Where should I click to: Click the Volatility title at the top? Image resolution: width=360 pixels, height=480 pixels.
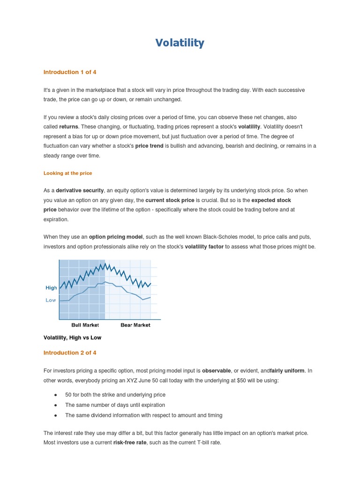[180, 43]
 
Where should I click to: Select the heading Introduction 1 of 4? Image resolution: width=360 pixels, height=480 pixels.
[70, 72]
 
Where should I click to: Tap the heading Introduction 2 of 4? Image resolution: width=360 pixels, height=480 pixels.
[70, 352]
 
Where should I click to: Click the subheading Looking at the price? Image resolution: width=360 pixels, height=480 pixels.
[67, 173]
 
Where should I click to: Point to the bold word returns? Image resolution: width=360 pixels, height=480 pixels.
[68, 127]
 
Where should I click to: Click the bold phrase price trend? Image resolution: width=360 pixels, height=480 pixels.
[149, 146]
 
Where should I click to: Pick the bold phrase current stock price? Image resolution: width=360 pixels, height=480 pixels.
[170, 200]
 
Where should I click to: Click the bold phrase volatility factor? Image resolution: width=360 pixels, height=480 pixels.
[204, 247]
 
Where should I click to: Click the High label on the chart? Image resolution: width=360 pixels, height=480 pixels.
[51, 288]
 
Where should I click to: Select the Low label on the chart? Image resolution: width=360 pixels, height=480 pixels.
[51, 300]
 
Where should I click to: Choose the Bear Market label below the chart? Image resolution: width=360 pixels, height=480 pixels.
[135, 325]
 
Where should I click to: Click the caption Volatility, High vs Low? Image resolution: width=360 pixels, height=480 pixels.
[72, 337]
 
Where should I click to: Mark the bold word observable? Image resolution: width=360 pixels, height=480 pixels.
[220, 371]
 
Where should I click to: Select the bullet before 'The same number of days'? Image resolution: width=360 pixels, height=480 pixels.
[55, 405]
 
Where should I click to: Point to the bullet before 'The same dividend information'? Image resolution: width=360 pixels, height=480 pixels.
[55, 415]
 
